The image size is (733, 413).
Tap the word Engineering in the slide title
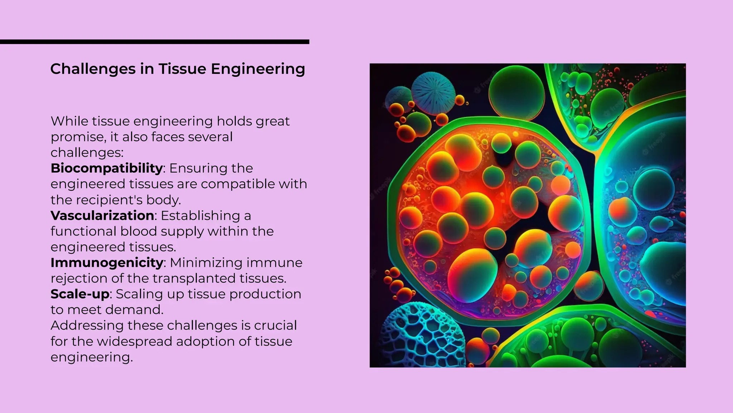258,69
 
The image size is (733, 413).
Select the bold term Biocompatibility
107,168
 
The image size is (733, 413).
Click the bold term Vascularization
102,215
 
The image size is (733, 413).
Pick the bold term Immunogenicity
107,263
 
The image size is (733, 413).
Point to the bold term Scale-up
80,294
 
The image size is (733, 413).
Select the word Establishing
200,215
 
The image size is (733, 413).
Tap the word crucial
275,326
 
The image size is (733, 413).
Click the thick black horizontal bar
154,42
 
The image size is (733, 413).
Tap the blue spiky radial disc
433,93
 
